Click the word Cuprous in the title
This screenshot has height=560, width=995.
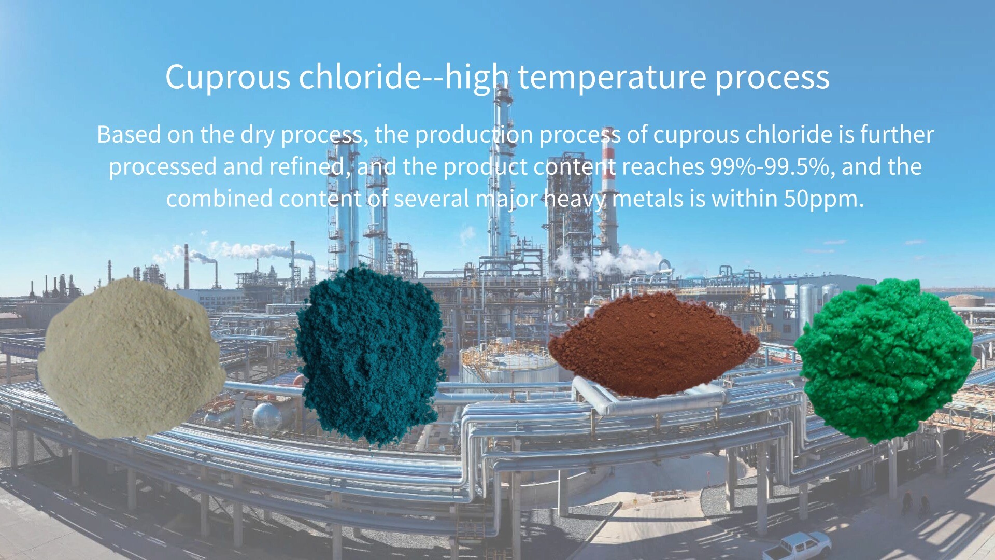[228, 78]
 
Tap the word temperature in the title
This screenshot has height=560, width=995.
[612, 78]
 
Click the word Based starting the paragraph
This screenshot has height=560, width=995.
[129, 135]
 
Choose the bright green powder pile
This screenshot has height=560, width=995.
[884, 360]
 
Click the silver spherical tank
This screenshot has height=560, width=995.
[267, 415]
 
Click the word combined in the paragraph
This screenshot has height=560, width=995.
[219, 199]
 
